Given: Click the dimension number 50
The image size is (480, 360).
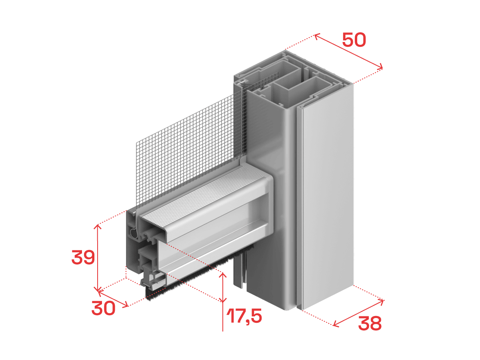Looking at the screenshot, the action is [x=354, y=40].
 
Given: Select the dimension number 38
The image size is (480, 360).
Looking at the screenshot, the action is [x=370, y=323].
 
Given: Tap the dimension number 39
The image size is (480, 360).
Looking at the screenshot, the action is [x=83, y=257].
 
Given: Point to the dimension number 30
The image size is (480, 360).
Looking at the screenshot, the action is [x=103, y=308].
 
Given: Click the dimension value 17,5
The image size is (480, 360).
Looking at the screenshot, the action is [x=244, y=316].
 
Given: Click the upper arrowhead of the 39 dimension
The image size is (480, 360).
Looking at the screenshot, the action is [x=97, y=227].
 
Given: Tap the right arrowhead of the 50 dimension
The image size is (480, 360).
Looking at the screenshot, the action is [x=380, y=66].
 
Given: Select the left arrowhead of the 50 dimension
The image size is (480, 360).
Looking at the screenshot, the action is [x=317, y=36].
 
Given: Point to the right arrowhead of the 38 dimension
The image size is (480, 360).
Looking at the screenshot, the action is [x=381, y=302].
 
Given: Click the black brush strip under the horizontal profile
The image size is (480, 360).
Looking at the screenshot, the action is [x=197, y=278].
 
